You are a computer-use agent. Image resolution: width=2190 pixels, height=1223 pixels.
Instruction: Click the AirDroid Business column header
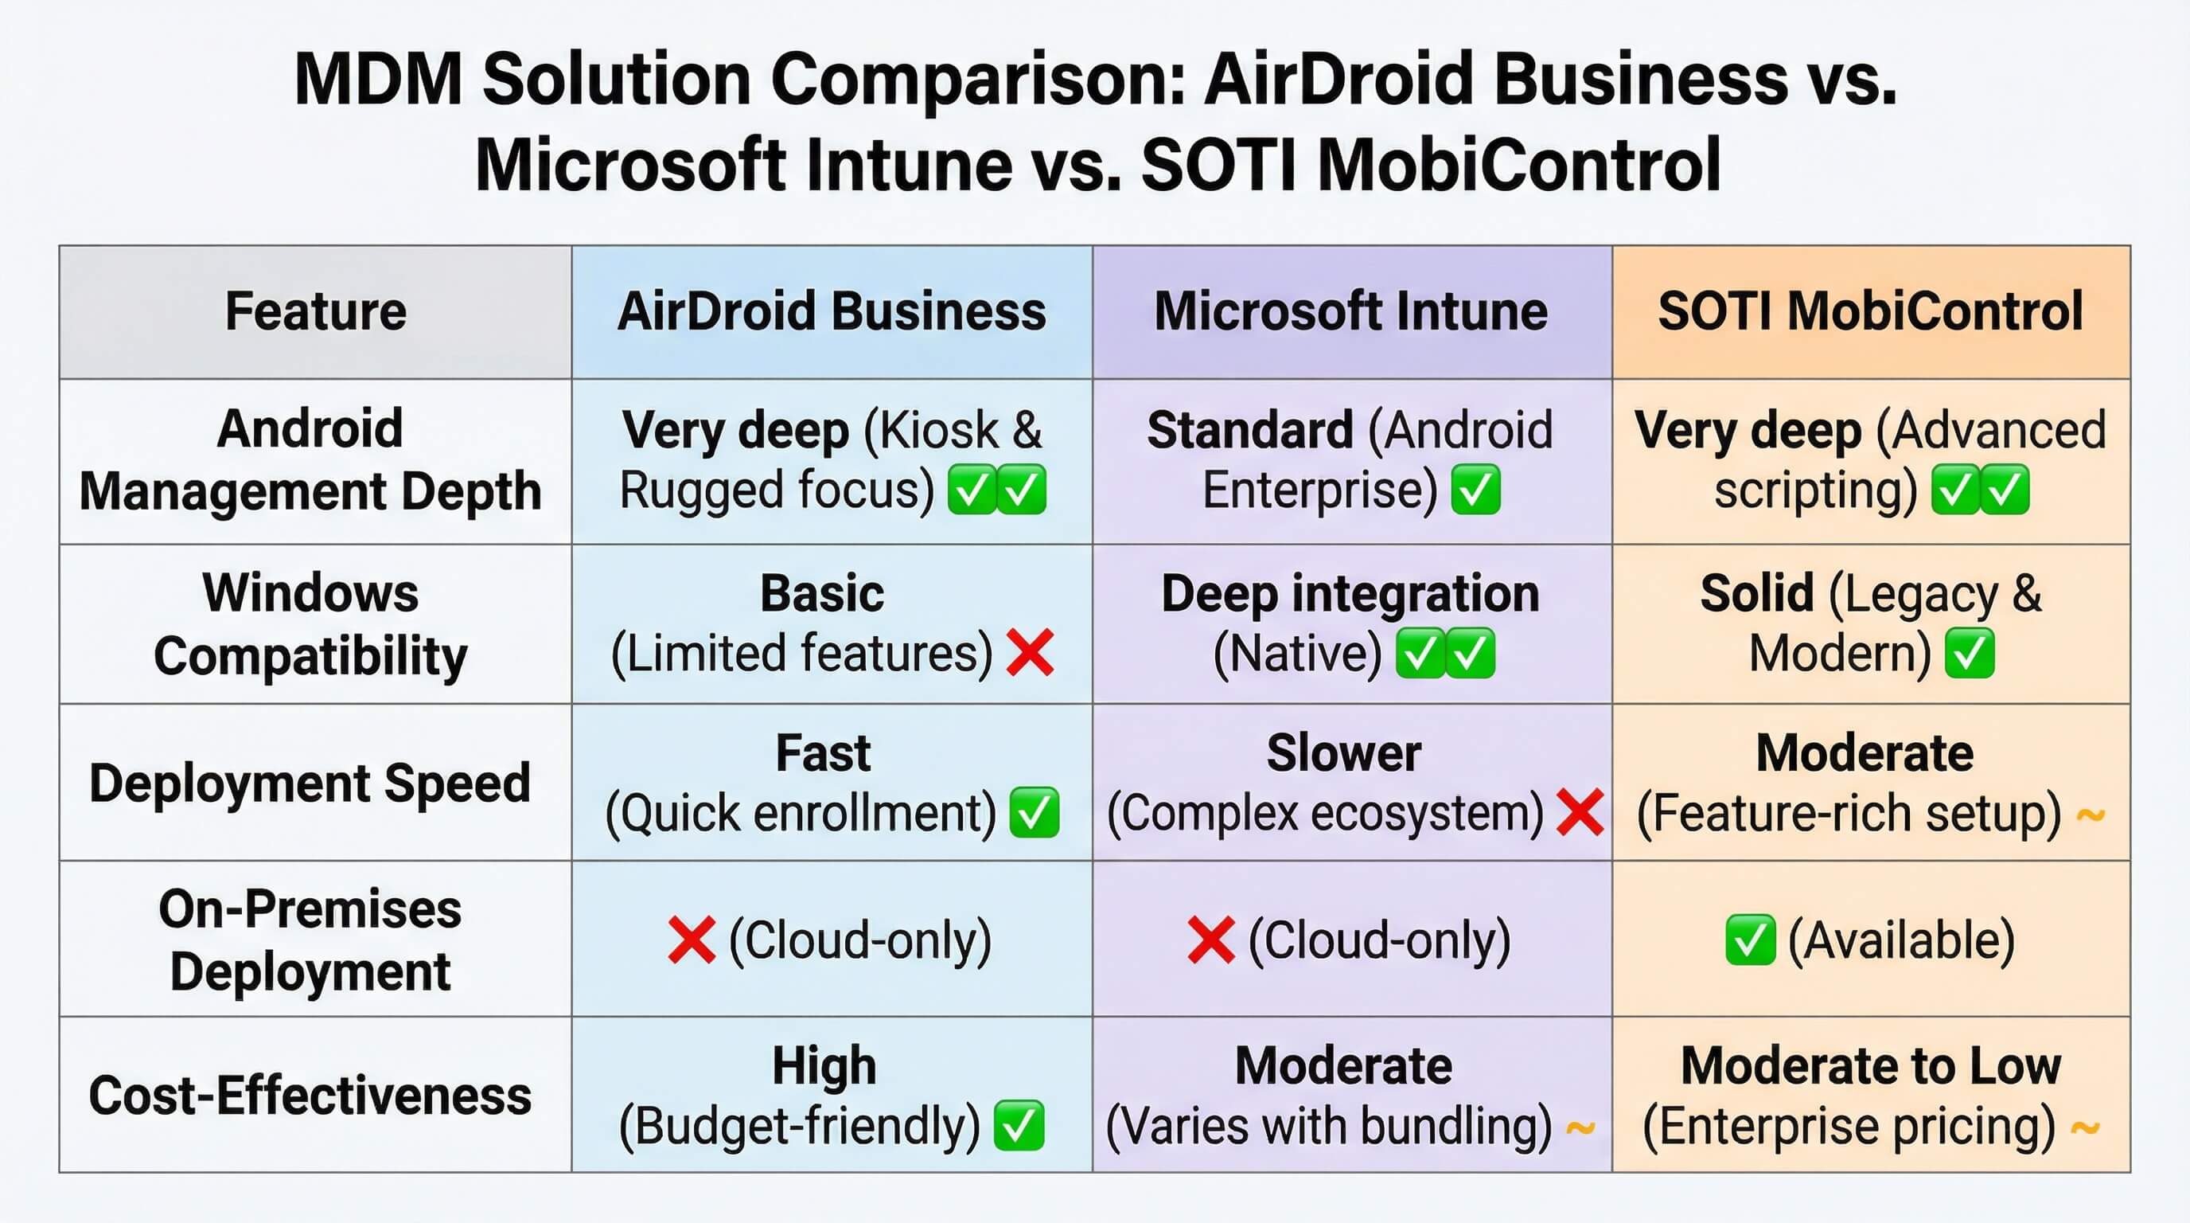tap(832, 311)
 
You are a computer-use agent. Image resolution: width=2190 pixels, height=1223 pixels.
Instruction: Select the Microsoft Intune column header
tap(1351, 311)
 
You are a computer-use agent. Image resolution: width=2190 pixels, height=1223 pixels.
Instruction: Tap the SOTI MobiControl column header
tap(1870, 311)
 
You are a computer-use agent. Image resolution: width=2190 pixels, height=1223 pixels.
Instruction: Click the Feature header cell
tap(315, 311)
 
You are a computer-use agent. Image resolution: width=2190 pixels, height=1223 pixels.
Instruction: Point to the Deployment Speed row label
tap(310, 783)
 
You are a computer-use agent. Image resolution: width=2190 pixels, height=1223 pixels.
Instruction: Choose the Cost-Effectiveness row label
tap(310, 1096)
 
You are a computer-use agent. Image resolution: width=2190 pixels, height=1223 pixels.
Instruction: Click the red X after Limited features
tap(1031, 653)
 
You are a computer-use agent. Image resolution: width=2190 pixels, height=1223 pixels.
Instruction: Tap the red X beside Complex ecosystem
tap(1580, 812)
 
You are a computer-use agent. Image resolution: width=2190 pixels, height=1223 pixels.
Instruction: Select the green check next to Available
tap(1751, 940)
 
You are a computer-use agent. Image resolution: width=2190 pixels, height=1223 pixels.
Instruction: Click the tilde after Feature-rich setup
tap(2091, 815)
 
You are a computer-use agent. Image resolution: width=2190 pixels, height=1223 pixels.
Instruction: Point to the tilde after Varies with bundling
tap(1580, 1128)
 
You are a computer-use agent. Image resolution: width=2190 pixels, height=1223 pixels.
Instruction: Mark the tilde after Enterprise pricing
tap(2086, 1128)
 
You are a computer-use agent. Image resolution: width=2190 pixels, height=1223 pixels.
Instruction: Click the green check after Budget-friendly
tap(1019, 1125)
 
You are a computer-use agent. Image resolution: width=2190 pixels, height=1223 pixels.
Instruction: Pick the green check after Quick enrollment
tap(1035, 812)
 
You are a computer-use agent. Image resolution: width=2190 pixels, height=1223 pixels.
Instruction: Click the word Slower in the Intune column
tap(1343, 753)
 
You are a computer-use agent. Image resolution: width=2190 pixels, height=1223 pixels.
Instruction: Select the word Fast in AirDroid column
tap(823, 753)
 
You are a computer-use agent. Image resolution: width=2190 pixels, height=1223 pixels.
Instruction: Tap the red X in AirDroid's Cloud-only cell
tap(692, 940)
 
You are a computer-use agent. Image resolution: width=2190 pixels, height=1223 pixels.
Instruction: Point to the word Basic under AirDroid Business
tap(822, 594)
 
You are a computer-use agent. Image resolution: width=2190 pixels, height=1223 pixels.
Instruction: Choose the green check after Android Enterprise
tap(1476, 490)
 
